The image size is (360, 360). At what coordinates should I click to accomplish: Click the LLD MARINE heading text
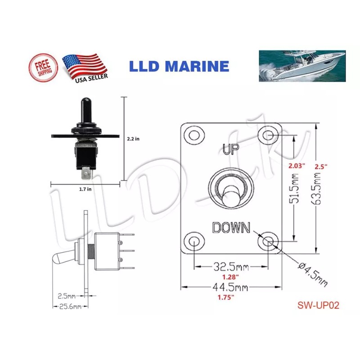click(x=179, y=67)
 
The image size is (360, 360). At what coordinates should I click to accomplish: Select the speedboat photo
click(x=302, y=66)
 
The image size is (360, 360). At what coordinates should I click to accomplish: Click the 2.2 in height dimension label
click(x=134, y=139)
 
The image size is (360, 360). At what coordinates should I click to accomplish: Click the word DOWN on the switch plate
click(x=231, y=228)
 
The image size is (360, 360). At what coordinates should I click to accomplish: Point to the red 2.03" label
click(x=297, y=166)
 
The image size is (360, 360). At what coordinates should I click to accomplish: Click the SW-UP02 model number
click(x=318, y=305)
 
